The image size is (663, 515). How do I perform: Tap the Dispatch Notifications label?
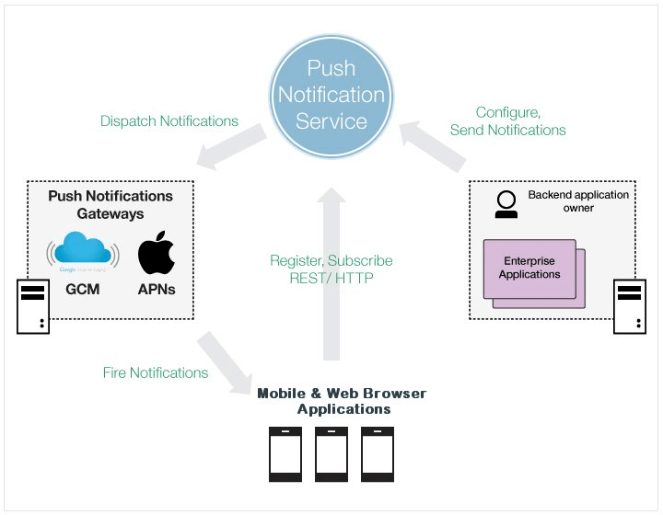(169, 120)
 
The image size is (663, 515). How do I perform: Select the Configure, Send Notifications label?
(507, 120)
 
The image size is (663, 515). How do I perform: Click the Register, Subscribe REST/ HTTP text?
(331, 270)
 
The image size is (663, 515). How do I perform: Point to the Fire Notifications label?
(156, 372)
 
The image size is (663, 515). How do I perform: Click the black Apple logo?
(157, 255)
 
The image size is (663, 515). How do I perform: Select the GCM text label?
(83, 289)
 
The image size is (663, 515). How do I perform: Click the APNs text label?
(157, 289)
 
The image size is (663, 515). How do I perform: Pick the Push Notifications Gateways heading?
(110, 204)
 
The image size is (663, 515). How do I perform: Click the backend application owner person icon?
(505, 204)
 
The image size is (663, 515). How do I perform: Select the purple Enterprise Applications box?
(530, 269)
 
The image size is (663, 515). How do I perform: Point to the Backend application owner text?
(578, 201)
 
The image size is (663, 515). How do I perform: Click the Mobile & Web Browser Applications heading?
(342, 401)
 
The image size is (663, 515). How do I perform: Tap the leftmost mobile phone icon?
(285, 454)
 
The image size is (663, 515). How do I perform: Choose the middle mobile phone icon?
(331, 454)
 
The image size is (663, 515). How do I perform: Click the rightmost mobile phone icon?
(377, 454)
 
